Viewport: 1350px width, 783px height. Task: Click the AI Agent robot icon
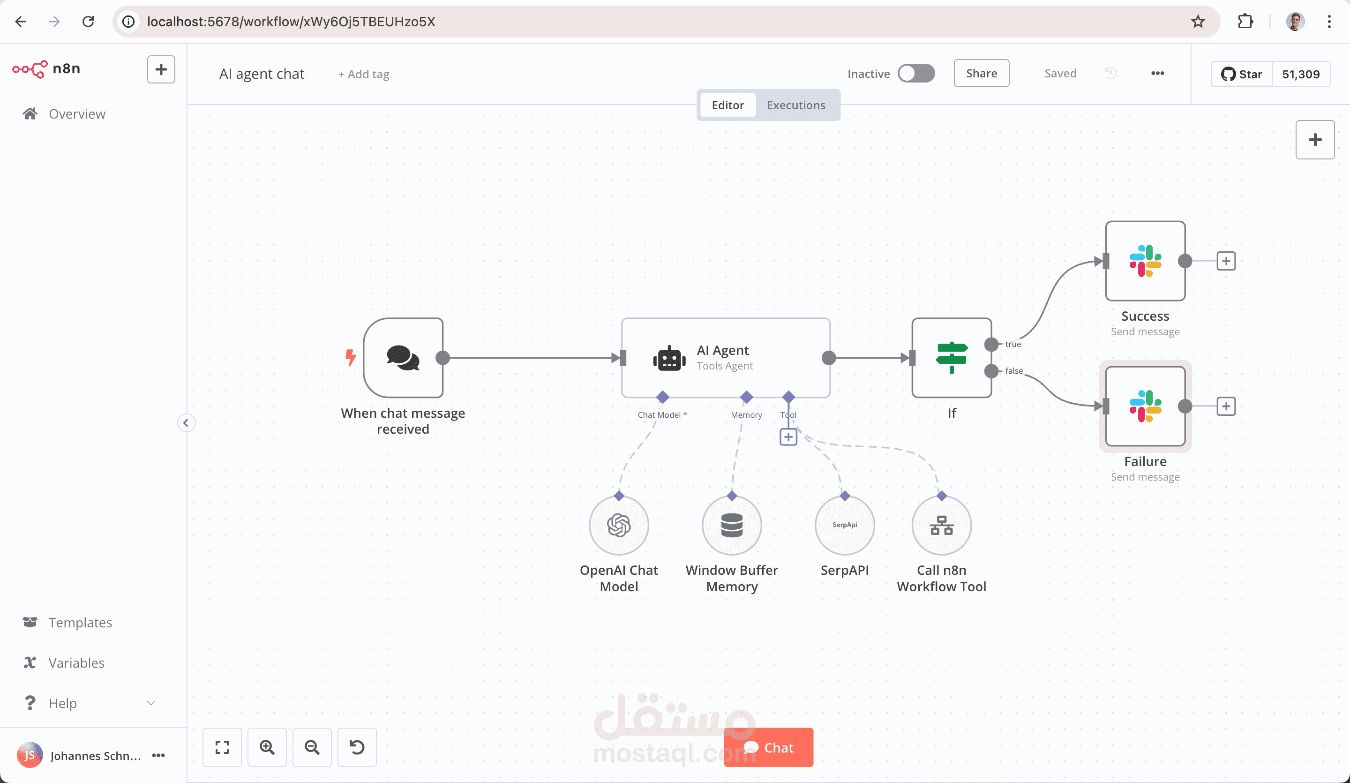click(x=669, y=359)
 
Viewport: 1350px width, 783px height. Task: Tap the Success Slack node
click(x=1145, y=261)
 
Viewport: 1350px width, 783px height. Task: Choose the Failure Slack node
click(x=1145, y=406)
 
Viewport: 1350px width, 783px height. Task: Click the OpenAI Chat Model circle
click(x=619, y=525)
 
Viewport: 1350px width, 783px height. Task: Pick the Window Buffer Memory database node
click(x=732, y=525)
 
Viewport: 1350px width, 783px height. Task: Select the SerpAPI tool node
click(x=845, y=525)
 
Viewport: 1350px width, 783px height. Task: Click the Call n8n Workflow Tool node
click(x=941, y=525)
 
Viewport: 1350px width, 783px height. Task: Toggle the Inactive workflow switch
click(x=916, y=74)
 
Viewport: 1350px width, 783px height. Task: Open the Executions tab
click(x=795, y=105)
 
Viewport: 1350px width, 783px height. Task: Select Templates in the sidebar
click(x=80, y=622)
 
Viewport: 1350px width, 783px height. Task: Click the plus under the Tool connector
click(x=788, y=437)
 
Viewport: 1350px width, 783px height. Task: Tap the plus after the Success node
click(x=1226, y=261)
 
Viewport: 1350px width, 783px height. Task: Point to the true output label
click(x=1012, y=344)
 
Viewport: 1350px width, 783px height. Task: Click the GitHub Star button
click(x=1241, y=74)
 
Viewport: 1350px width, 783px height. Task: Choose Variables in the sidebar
click(x=76, y=663)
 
